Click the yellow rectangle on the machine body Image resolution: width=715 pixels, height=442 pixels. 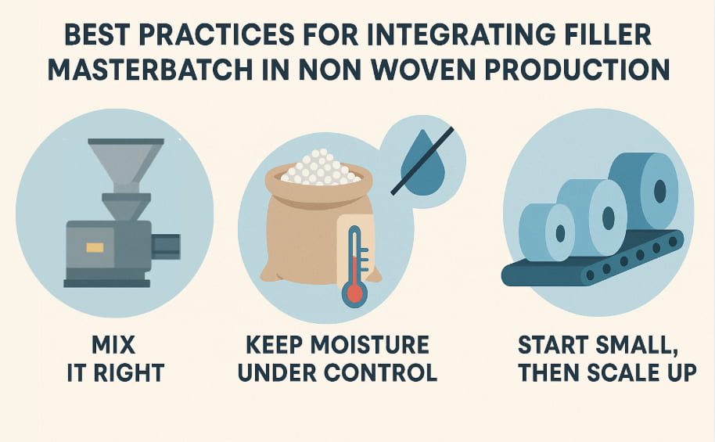95,247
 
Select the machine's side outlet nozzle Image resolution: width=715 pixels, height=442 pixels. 166,246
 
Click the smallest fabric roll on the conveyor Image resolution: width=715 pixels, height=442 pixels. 545,232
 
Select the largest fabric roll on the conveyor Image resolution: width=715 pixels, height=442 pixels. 644,188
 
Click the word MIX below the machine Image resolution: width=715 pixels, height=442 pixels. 114,345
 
